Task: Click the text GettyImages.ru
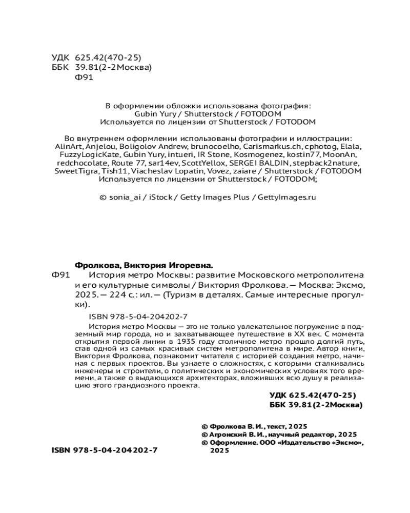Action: click(287, 196)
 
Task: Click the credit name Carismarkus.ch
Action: click(258, 146)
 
